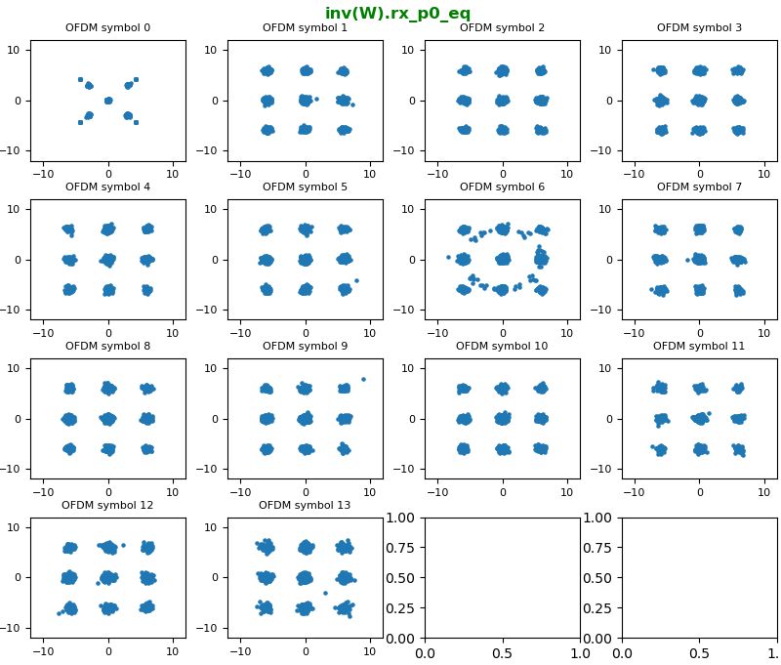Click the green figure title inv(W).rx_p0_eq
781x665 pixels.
[397, 14]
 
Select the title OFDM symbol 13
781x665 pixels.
[305, 505]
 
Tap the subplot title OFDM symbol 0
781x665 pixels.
[107, 27]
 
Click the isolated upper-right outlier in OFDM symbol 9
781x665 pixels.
[363, 379]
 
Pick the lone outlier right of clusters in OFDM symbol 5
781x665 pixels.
[356, 280]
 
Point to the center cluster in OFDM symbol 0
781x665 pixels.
[107, 101]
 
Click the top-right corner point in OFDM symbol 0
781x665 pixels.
[136, 79]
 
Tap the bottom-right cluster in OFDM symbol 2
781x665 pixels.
[542, 130]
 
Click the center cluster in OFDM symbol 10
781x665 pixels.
[503, 419]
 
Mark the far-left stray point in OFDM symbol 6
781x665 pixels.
[448, 257]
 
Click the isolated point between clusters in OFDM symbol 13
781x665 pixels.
[325, 593]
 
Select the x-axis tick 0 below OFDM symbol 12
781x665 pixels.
[107, 651]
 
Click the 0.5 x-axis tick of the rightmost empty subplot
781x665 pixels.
[699, 652]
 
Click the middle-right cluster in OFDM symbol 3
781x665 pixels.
[739, 101]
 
